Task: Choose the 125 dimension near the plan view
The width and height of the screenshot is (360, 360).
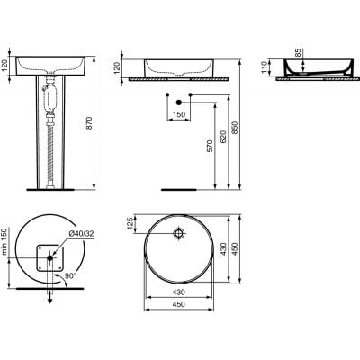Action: (131, 222)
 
